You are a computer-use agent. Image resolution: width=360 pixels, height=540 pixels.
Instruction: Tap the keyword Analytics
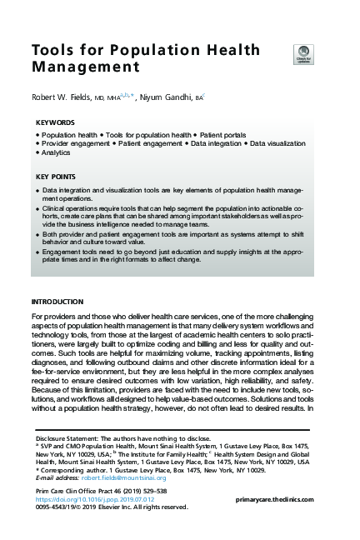pyautogui.click(x=57, y=152)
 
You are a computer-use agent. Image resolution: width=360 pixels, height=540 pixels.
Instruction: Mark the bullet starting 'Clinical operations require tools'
pyautogui.click(x=37, y=212)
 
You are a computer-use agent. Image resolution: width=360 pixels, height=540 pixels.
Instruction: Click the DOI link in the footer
pyautogui.click(x=96, y=498)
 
